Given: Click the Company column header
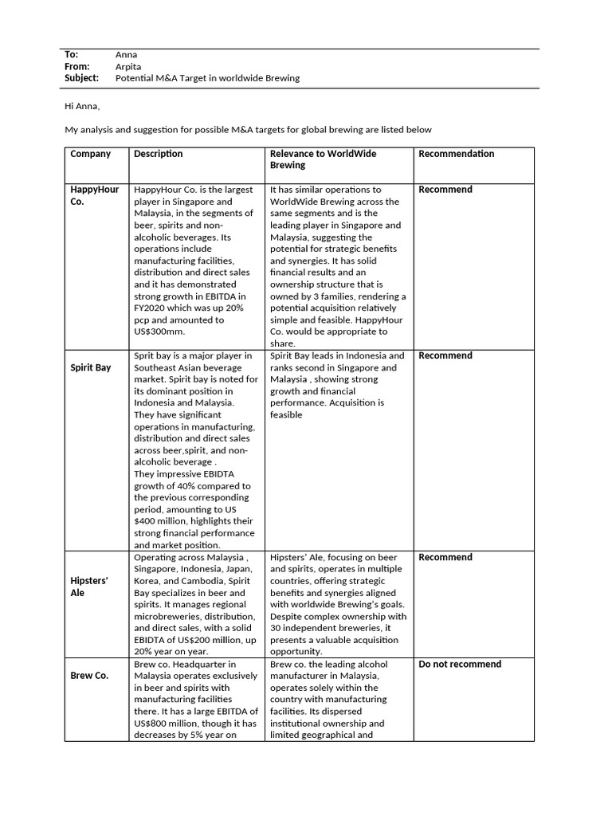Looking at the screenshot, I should pos(90,154).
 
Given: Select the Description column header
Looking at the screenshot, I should pos(158,154).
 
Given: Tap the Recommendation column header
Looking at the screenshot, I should pos(456,154).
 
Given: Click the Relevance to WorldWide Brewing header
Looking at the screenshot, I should pos(323,159).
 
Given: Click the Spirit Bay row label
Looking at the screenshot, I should pos(90,368).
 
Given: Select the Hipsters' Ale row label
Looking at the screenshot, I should pos(88,587).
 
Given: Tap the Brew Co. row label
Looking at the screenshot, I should pos(89,676).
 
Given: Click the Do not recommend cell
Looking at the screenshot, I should pos(460,664).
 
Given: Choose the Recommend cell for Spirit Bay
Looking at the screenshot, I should pos(445,355).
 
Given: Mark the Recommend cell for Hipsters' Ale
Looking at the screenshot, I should pos(445,557).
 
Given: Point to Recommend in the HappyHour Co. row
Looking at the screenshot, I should pos(445,190).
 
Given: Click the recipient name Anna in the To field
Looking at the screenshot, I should pos(126,54).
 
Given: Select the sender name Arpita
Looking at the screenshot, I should pos(128,66).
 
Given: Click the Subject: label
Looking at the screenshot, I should pos(81,78).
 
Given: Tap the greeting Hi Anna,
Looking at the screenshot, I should pos(82,106).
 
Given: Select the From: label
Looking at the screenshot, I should pos(76,66).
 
